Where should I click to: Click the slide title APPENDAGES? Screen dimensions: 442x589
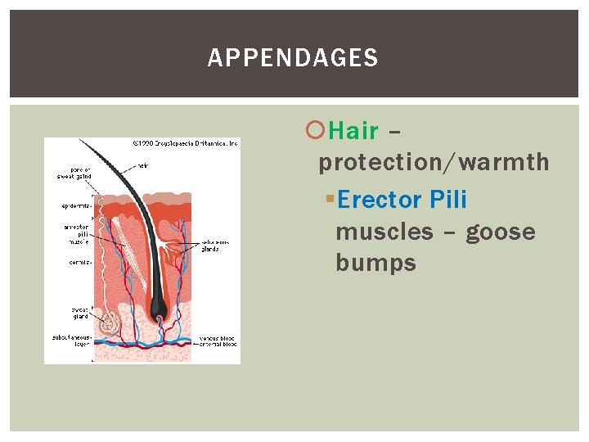click(x=293, y=58)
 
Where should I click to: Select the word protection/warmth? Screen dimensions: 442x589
click(x=434, y=163)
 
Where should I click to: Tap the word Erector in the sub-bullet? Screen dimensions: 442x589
click(x=379, y=200)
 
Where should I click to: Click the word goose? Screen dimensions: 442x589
click(x=500, y=232)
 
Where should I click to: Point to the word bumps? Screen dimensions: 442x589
click(x=375, y=264)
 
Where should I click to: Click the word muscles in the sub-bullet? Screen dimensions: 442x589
click(x=384, y=232)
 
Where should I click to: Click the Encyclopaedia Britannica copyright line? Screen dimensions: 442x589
click(x=185, y=143)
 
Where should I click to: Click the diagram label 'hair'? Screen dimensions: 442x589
click(x=143, y=165)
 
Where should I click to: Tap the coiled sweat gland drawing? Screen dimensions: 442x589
click(x=108, y=325)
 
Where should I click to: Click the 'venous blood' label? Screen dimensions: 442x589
click(x=218, y=338)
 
